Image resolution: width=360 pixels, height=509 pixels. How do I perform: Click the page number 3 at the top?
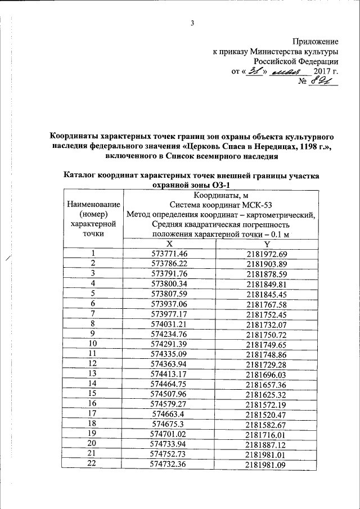(x=192, y=23)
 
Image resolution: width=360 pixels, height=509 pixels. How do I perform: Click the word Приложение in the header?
(x=316, y=41)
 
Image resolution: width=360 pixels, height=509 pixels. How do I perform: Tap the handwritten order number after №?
(x=324, y=83)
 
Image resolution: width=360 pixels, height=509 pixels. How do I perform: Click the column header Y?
(x=267, y=244)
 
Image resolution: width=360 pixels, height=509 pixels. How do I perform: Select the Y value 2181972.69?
(x=267, y=254)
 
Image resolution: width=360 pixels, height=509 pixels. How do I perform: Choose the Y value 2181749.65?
(x=267, y=344)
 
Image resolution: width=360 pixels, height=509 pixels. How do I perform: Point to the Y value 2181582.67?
(x=267, y=424)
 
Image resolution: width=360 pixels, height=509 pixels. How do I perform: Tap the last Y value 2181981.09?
(x=267, y=463)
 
